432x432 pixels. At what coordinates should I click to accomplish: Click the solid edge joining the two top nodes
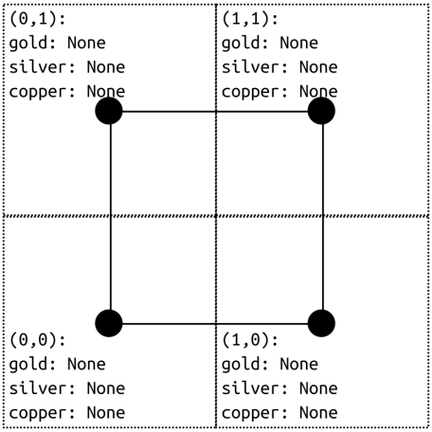click(215, 111)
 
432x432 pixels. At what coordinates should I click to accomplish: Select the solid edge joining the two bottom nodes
click(215, 324)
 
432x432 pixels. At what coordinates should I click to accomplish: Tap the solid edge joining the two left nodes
click(110, 217)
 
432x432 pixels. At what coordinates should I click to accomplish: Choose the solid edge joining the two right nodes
click(323, 217)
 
